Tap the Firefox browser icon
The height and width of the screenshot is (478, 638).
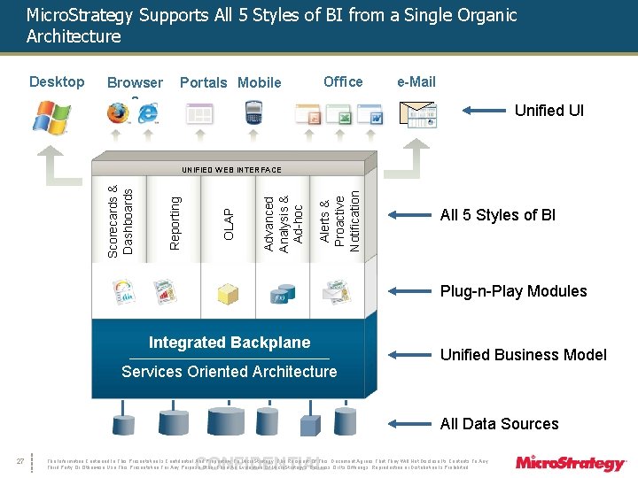(117, 113)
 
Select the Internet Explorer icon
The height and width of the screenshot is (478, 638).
(146, 114)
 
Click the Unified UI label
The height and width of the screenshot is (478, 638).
(549, 111)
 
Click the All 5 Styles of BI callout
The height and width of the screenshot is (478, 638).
(498, 215)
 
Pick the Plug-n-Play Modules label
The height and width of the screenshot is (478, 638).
(513, 291)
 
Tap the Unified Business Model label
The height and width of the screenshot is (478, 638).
(524, 355)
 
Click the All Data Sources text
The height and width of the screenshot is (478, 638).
(499, 424)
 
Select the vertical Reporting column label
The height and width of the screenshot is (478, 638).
(175, 222)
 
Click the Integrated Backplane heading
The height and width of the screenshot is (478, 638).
(230, 343)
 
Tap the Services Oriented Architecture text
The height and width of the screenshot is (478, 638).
(230, 372)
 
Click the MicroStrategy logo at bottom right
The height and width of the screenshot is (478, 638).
(571, 462)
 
